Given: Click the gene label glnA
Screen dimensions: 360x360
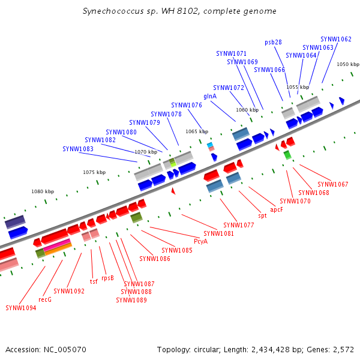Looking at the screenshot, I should coord(210,96).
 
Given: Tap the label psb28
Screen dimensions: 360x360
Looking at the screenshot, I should coord(273,43).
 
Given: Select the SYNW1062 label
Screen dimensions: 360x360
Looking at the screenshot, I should coord(336,39).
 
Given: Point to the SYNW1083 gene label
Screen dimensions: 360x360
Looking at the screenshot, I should coord(78,149).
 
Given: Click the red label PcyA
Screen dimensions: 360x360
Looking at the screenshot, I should coord(200,241).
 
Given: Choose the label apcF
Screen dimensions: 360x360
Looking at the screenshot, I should coord(277,209).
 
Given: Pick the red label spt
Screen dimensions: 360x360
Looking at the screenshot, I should coord(262,215).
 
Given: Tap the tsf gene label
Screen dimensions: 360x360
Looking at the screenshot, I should coord(94,281).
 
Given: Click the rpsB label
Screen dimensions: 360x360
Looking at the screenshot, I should coord(107,278).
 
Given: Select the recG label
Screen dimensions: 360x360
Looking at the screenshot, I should coord(45,299).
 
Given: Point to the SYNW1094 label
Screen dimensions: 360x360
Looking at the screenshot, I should coord(21,308).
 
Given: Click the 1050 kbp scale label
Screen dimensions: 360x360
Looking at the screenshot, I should coord(347,64).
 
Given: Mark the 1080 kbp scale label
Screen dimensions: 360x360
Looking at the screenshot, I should coord(43,191).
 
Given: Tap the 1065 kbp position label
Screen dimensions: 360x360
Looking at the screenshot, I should coord(197,131).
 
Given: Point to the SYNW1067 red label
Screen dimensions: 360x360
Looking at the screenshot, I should coord(333,184).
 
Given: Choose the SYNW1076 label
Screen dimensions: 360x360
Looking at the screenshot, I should coord(187,105).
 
